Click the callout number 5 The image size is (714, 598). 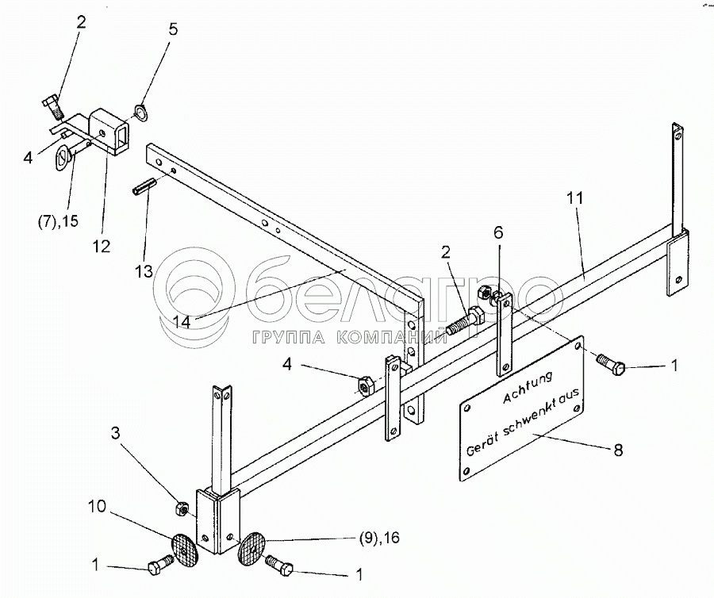174,31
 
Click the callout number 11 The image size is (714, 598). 576,199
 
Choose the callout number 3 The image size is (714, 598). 116,433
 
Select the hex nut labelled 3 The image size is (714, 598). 180,505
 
